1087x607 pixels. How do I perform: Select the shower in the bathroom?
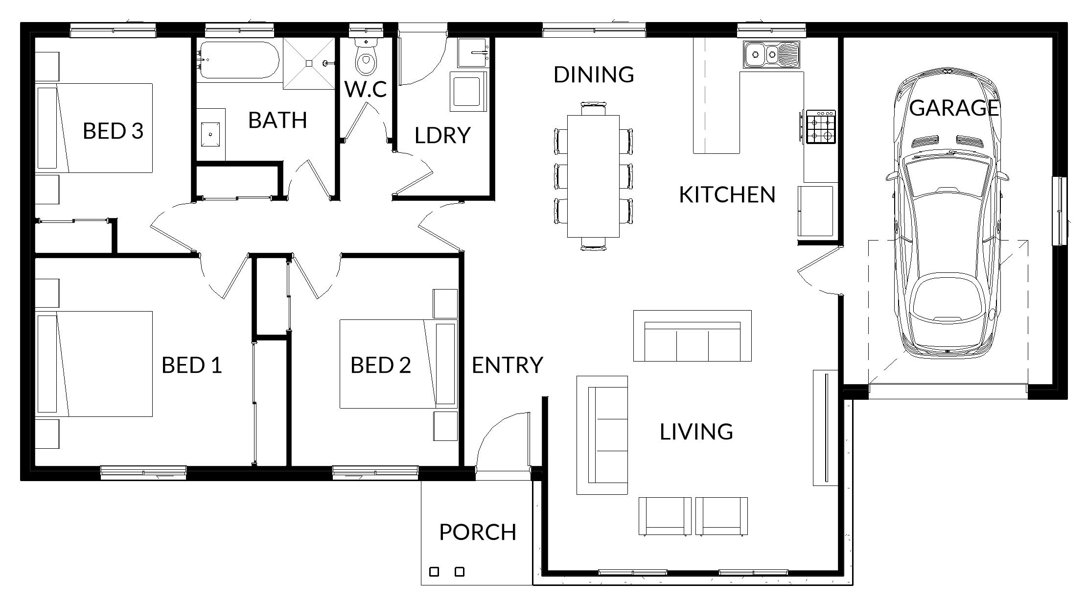pos(309,63)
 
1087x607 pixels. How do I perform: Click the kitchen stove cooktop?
pos(821,126)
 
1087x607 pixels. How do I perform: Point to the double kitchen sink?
pos(771,54)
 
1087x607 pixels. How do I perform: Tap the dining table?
pos(593,176)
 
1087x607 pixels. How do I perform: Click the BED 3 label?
pos(113,131)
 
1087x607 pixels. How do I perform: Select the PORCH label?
pos(478,532)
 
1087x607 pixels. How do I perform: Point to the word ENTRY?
pos(508,365)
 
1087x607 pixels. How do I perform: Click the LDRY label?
pos(442,135)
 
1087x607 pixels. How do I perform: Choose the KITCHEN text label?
pos(727,194)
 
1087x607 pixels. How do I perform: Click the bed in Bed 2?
pos(398,364)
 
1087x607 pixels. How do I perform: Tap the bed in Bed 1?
pos(94,364)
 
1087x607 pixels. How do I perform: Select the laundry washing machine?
pos(469,92)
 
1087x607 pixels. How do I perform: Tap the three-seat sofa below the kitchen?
pos(692,336)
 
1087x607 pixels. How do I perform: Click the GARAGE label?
pos(954,108)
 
